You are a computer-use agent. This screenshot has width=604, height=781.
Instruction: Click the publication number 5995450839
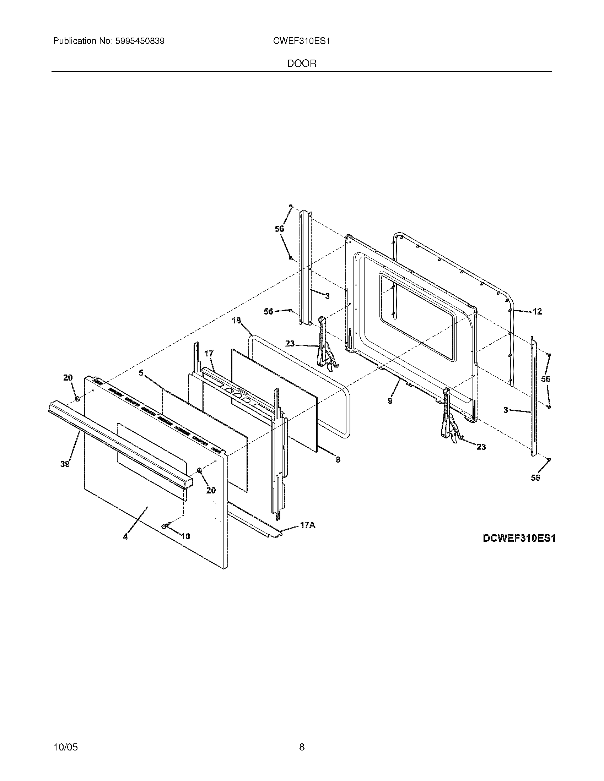pos(140,41)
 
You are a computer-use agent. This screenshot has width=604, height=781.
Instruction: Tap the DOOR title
pos(302,64)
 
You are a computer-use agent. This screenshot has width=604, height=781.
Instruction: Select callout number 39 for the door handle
pos(65,464)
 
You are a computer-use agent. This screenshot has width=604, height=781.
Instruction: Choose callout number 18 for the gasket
pos(237,321)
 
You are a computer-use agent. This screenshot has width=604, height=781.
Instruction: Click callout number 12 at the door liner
pos(537,311)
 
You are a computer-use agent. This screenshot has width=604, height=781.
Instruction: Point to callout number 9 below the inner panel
pos(390,401)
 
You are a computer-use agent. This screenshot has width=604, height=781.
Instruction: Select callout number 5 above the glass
pos(141,373)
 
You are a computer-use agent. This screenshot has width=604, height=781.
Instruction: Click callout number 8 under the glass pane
pos(338,460)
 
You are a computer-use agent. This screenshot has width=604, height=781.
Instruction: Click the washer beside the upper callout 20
pos(77,398)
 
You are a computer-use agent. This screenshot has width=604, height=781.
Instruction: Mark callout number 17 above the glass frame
pos(209,354)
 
